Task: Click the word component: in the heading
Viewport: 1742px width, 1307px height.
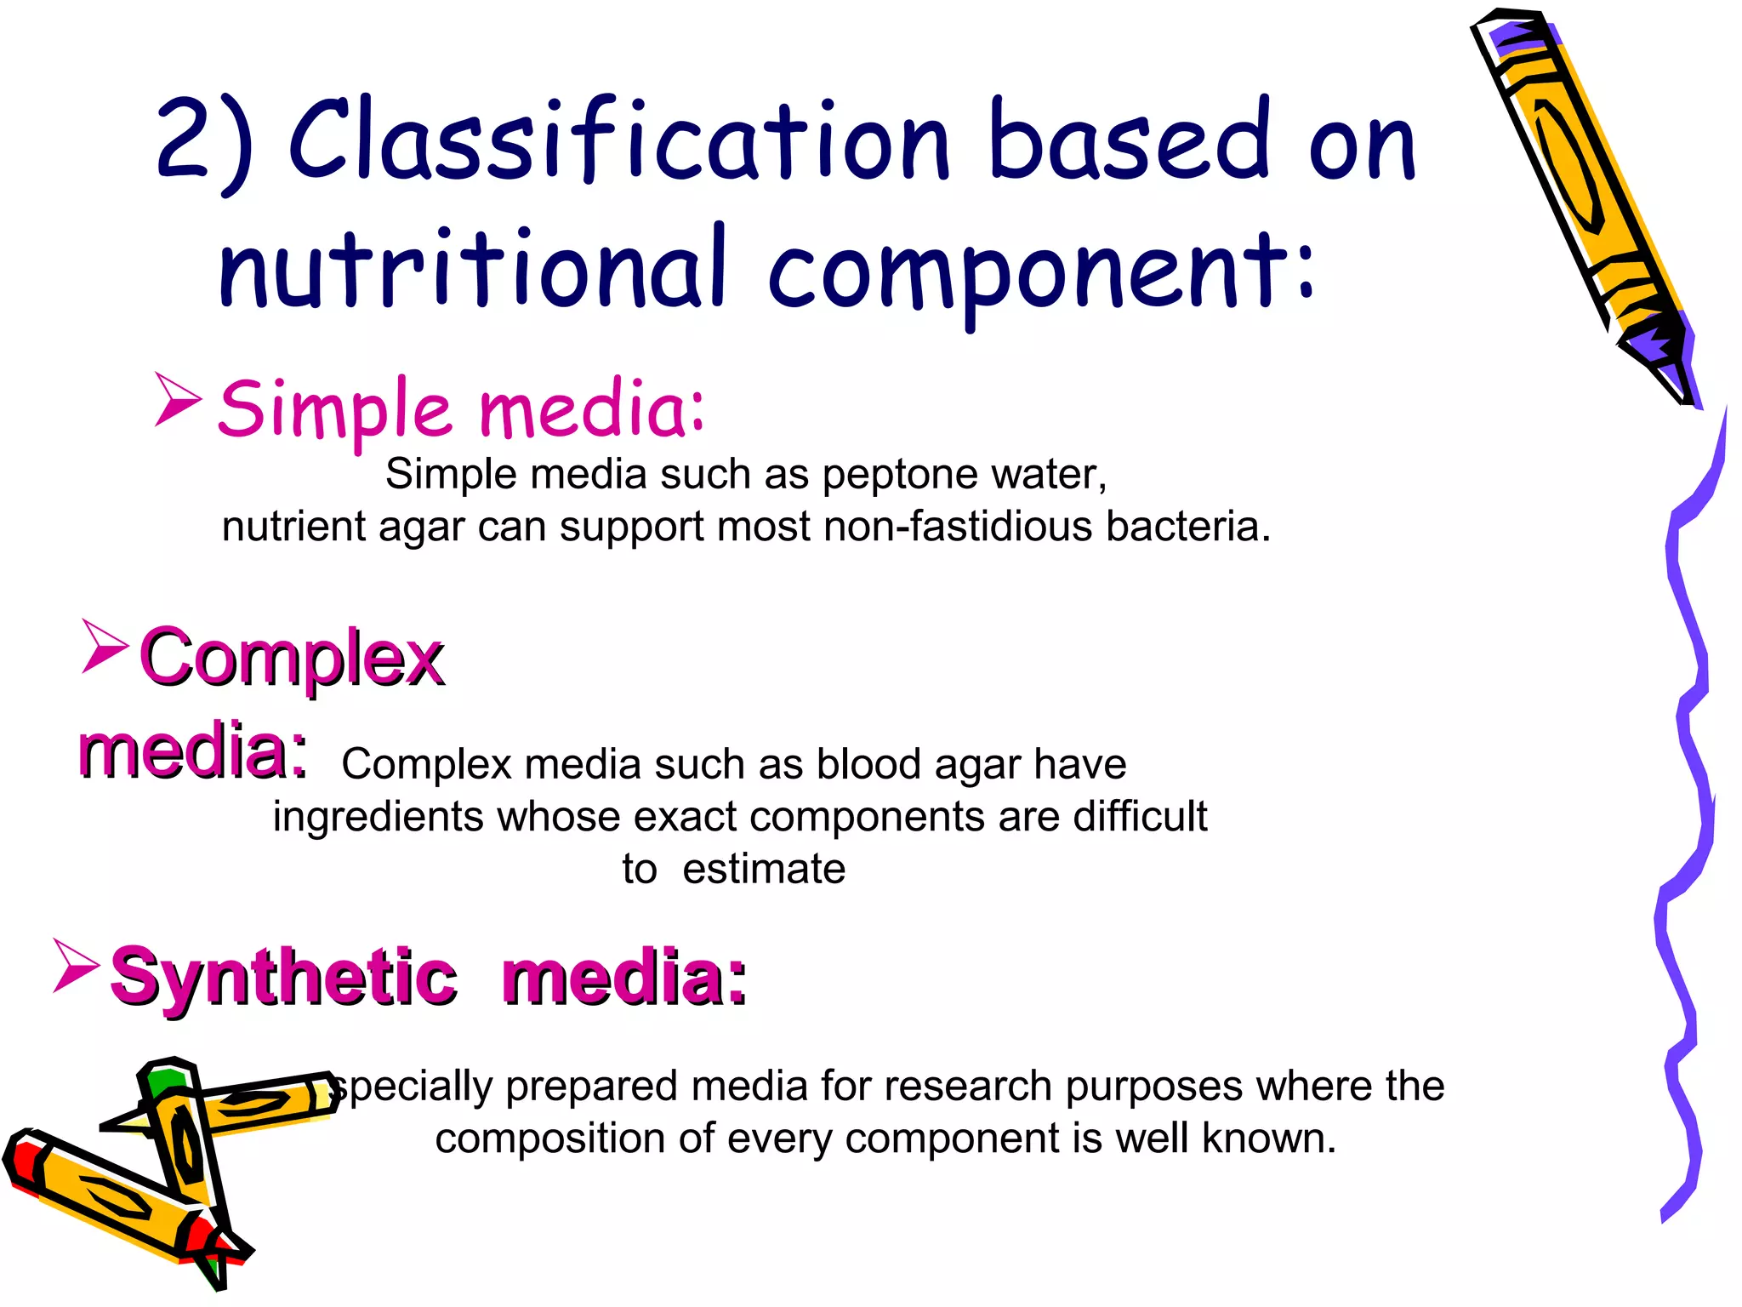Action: pyautogui.click(x=1042, y=272)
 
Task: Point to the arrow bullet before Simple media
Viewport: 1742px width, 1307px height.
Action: pyautogui.click(x=178, y=399)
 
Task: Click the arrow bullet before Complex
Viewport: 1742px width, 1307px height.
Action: pyautogui.click(x=105, y=646)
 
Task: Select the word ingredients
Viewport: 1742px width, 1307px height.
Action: pyautogui.click(x=379, y=817)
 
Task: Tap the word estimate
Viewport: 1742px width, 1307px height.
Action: pyautogui.click(x=763, y=870)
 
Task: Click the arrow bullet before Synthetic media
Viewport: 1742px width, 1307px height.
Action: pyautogui.click(x=76, y=965)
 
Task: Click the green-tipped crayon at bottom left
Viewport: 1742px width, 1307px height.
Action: pyautogui.click(x=183, y=1132)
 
